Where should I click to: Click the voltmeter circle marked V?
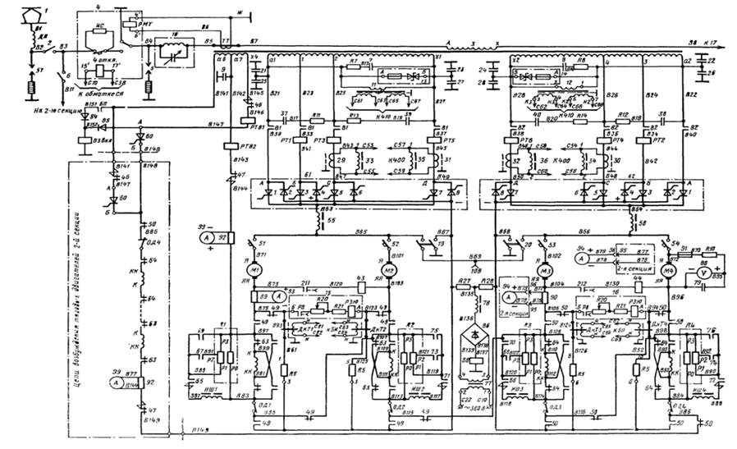pyautogui.click(x=704, y=270)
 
